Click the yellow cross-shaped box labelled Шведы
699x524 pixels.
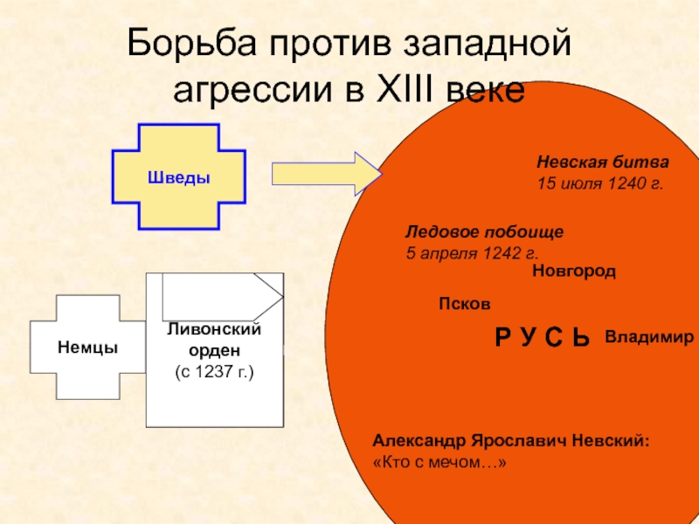click(178, 177)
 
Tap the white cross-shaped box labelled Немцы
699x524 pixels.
click(87, 348)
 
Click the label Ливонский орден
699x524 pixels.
click(214, 339)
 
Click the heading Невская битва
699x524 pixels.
click(602, 162)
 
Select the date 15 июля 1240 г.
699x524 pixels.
click(599, 184)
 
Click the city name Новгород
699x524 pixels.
click(573, 272)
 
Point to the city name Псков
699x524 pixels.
click(464, 304)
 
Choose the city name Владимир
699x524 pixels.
click(649, 336)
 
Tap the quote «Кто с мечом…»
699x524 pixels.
click(439, 463)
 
